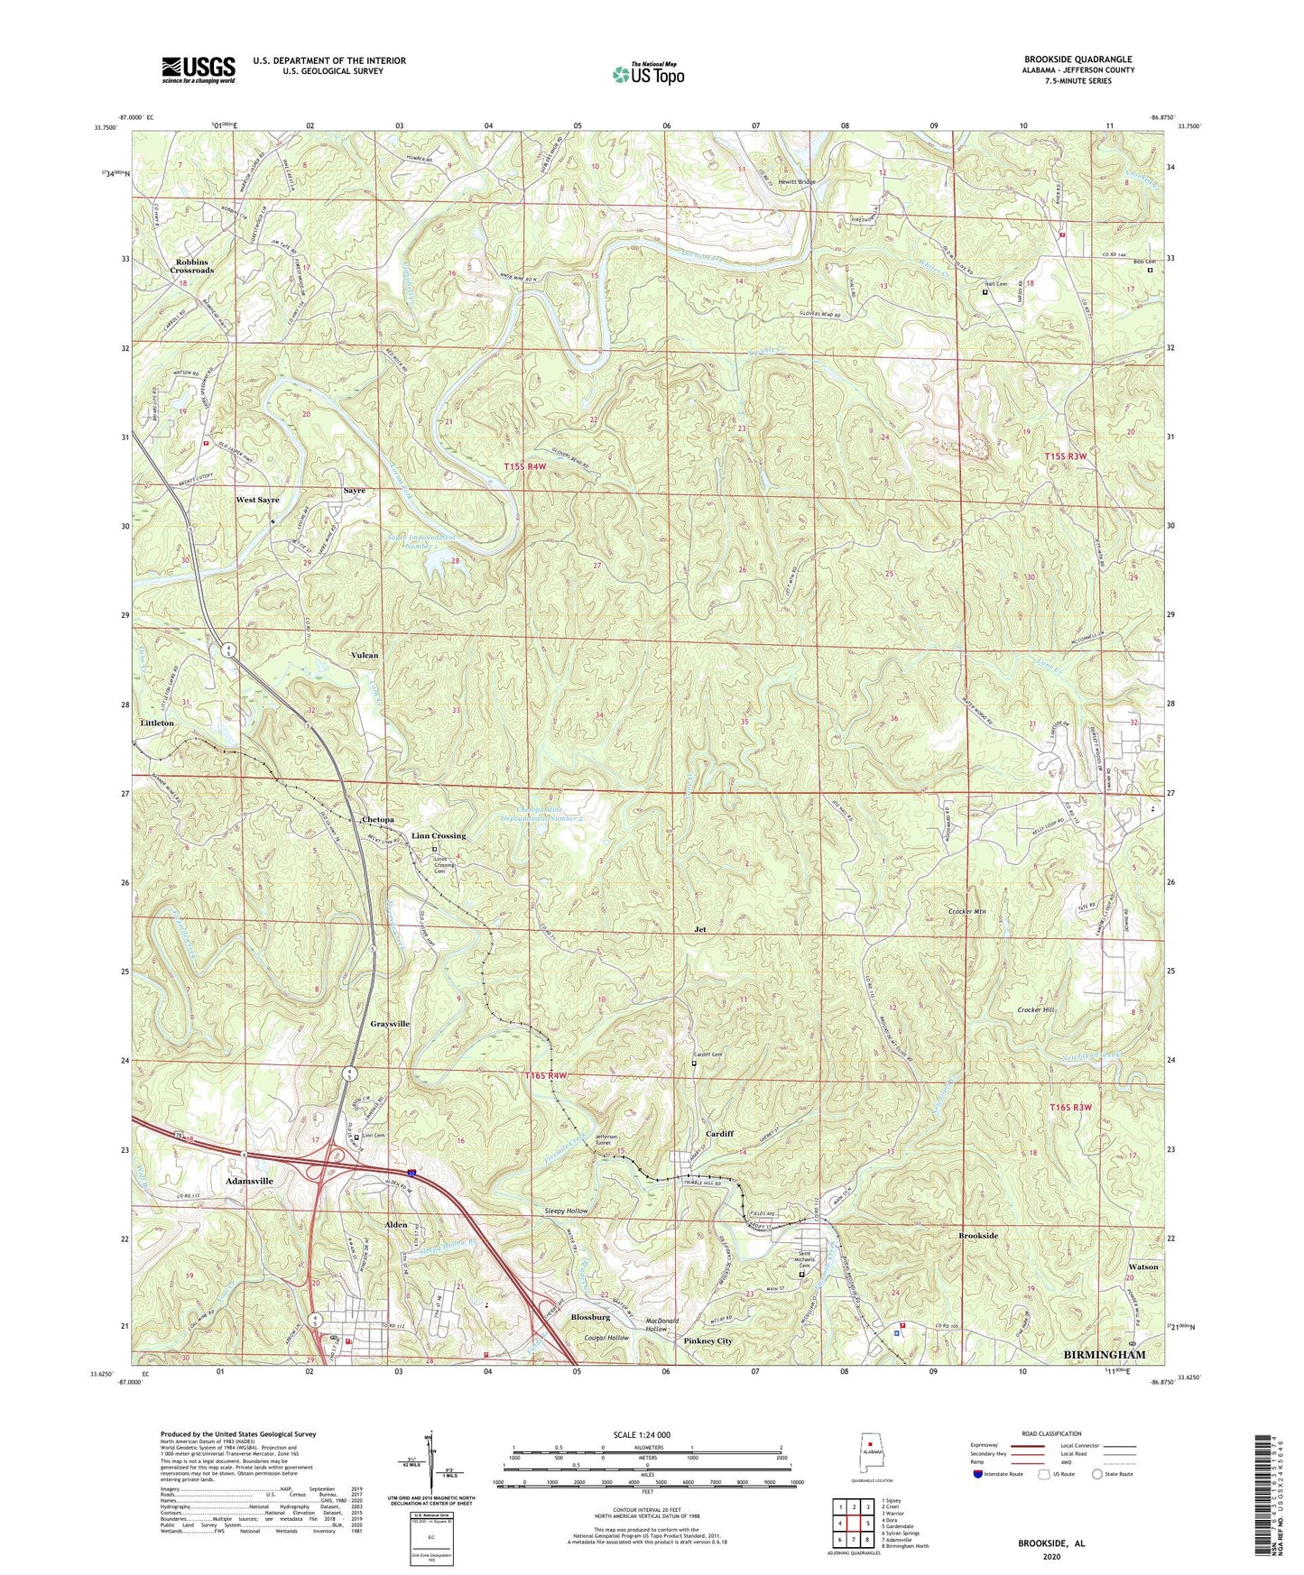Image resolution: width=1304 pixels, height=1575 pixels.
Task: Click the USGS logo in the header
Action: coord(198,69)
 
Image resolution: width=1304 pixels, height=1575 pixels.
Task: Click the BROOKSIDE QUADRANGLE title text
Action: coord(1077,60)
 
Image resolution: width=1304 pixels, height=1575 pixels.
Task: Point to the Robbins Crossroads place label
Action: coord(192,266)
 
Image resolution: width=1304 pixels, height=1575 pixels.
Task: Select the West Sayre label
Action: coord(258,500)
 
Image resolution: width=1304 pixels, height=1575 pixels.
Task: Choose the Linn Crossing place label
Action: coord(439,836)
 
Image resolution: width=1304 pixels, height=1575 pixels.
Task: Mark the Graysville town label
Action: coord(390,1024)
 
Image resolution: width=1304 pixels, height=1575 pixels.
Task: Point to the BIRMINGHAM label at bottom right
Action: coord(1105,1355)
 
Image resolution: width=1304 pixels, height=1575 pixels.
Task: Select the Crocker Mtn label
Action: coord(966,912)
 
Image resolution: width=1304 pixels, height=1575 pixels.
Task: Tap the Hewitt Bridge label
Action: coord(794,182)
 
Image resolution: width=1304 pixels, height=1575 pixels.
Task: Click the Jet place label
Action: coord(698,928)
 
